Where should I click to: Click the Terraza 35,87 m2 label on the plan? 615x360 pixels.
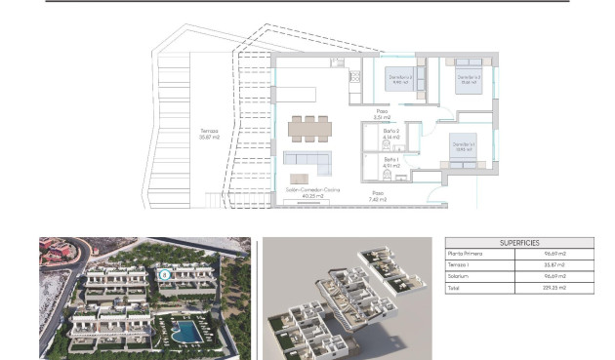pyautogui.click(x=210, y=133)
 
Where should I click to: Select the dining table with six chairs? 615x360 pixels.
pyautogui.click(x=309, y=127)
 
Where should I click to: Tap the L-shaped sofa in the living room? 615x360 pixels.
pyautogui.click(x=308, y=160)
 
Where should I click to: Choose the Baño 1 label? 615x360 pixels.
pyautogui.click(x=390, y=162)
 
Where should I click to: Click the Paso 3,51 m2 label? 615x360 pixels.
pyautogui.click(x=383, y=115)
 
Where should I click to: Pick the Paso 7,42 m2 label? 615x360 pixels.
pyautogui.click(x=378, y=195)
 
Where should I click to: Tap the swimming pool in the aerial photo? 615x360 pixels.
pyautogui.click(x=183, y=332)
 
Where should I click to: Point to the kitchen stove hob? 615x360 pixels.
pyautogui.click(x=354, y=75)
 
